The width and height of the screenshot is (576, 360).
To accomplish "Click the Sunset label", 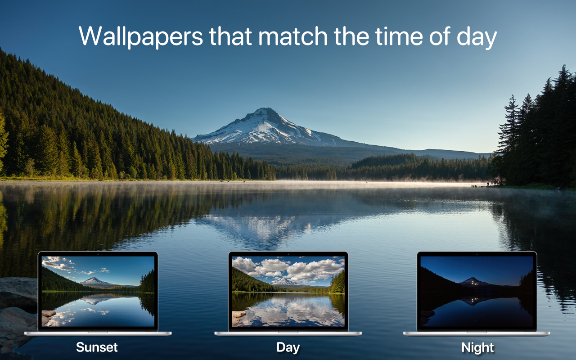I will click(x=97, y=347).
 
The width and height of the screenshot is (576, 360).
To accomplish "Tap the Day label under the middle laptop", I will click(x=288, y=348).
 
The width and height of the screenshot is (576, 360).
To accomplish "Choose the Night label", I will click(x=477, y=348).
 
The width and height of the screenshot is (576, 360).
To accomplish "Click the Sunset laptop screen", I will click(x=98, y=291).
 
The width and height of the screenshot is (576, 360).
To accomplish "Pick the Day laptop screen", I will click(x=288, y=291).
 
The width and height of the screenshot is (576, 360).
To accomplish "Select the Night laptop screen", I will click(x=477, y=291).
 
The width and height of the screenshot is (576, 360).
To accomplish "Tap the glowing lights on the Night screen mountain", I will click(x=473, y=283).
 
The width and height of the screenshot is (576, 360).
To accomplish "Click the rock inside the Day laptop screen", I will click(x=238, y=315).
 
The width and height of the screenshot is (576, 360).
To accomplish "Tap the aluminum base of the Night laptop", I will click(x=477, y=333).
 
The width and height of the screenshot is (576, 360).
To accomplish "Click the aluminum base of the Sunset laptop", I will click(x=98, y=333).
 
